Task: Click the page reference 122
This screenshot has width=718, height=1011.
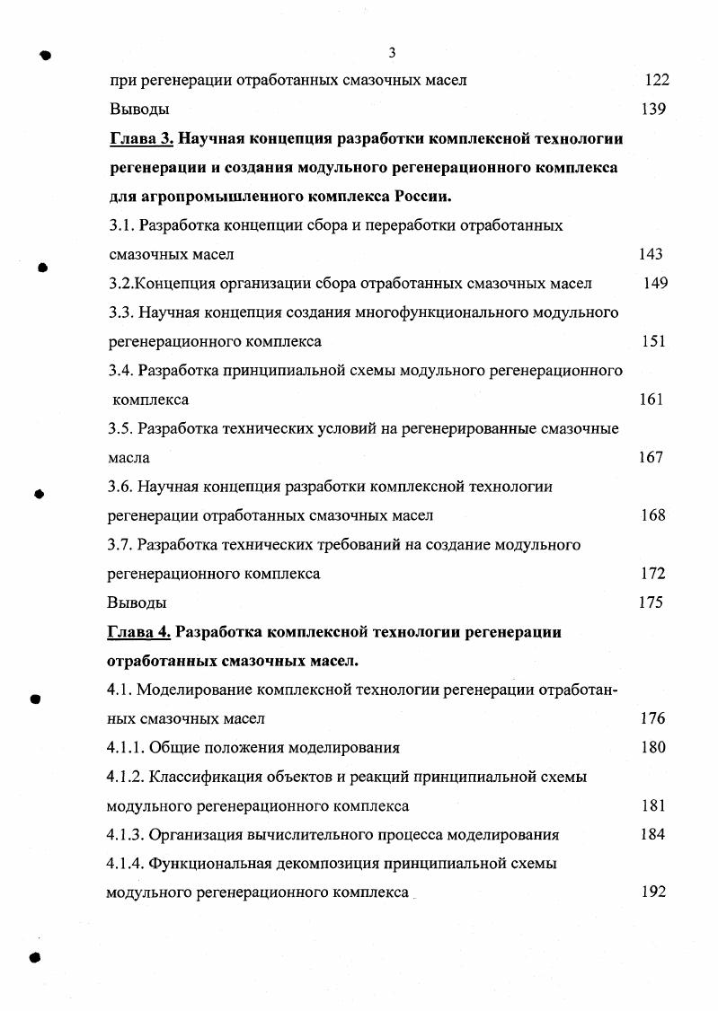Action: coord(657,80)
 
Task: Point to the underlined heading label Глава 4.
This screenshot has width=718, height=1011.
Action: coord(138,632)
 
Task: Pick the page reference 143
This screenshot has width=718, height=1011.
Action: coord(651,254)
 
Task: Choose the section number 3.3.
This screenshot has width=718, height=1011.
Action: coord(120,312)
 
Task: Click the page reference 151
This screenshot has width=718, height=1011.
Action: coord(653,341)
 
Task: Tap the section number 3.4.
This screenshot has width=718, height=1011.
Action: coord(120,371)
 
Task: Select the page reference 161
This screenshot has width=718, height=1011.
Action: coord(651,400)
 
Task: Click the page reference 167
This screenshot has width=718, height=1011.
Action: coord(651,457)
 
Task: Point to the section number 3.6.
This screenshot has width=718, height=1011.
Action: coord(120,487)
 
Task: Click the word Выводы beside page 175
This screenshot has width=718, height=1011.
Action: coord(137,602)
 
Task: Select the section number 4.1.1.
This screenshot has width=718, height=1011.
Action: coord(125,747)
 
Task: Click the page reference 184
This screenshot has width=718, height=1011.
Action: coord(652,834)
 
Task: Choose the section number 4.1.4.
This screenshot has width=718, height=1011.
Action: coord(125,864)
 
